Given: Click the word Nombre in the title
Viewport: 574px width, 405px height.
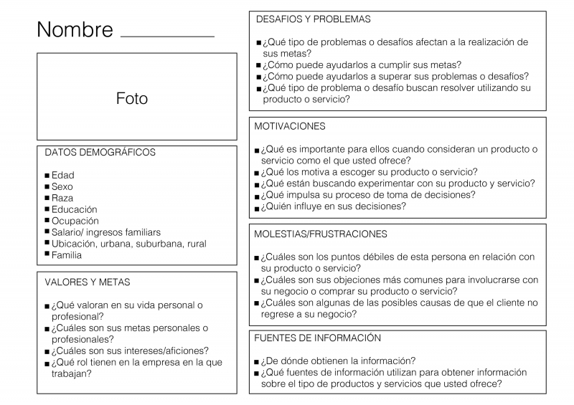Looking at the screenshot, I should [x=75, y=30].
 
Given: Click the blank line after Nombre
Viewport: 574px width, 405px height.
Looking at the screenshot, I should [x=168, y=34].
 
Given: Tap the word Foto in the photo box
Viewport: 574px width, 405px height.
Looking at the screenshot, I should [x=132, y=98].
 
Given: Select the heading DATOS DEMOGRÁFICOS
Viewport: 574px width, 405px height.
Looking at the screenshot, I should [x=100, y=153].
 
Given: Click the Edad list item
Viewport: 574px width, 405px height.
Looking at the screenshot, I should [x=62, y=175].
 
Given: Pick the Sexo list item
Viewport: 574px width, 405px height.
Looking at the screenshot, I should [x=62, y=186].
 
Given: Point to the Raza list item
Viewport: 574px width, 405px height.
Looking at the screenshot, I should [x=62, y=198].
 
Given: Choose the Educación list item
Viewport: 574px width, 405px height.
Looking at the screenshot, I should [x=74, y=209].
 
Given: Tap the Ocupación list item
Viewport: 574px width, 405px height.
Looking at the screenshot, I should [x=75, y=221].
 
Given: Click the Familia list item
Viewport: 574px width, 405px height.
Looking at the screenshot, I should [x=67, y=254].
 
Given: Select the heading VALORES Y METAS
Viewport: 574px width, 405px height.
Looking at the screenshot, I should [x=88, y=282].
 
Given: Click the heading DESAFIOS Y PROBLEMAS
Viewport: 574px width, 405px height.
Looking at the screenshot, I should [x=313, y=19].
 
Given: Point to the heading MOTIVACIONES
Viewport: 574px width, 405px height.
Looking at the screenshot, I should [x=290, y=126].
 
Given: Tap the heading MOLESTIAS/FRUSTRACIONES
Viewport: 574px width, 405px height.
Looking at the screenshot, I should [x=321, y=234].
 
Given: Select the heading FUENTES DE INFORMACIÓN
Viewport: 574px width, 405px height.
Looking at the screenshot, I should [x=318, y=338].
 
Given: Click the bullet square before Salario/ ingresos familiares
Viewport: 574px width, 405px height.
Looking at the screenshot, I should [x=47, y=233].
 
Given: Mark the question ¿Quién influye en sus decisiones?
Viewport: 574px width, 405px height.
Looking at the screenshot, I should [x=334, y=206].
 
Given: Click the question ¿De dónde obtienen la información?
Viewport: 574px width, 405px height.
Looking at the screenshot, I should [x=339, y=361].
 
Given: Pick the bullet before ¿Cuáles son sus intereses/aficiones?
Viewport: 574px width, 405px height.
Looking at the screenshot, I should [x=47, y=352].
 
